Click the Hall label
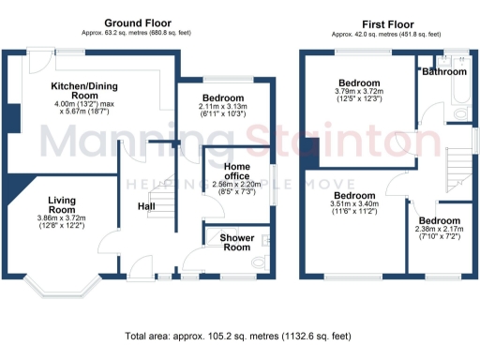coord(147,206)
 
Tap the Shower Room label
coord(237,243)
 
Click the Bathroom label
coord(443,71)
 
